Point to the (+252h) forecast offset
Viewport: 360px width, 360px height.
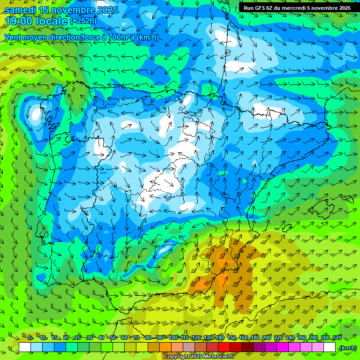point(84,21)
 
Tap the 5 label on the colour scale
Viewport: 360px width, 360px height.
point(30,338)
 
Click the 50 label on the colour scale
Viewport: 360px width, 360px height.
point(113,338)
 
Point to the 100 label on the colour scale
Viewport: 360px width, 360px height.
point(172,338)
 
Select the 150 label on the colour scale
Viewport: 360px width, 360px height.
point(231,338)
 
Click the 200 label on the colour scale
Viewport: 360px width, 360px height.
point(266,338)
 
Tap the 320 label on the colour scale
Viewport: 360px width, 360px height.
point(337,338)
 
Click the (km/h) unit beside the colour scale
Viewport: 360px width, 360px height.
point(348,348)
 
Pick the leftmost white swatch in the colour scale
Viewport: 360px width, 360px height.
point(25,347)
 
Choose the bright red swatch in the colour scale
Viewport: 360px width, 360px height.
point(224,347)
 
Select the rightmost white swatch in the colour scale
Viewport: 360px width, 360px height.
point(330,347)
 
